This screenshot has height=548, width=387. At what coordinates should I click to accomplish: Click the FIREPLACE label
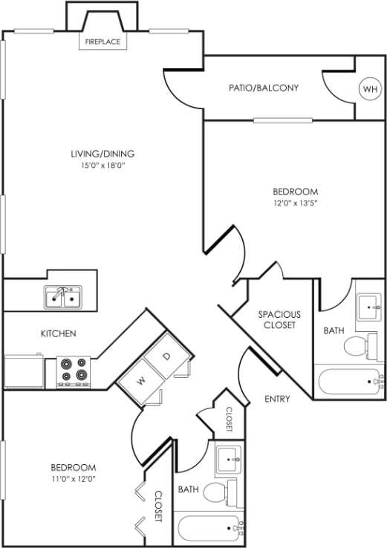click(x=102, y=42)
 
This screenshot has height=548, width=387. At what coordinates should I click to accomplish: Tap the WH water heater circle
click(x=369, y=89)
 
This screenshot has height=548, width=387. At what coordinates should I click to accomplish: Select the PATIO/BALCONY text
click(x=264, y=88)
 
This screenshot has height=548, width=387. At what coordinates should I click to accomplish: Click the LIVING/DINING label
click(x=103, y=154)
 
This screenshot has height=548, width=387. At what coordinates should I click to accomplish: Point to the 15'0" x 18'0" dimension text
click(x=103, y=166)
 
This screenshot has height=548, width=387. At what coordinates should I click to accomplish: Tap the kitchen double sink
click(x=62, y=298)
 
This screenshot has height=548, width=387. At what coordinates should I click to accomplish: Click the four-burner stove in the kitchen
click(x=74, y=371)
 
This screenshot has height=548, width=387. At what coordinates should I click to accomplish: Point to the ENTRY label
click(x=277, y=399)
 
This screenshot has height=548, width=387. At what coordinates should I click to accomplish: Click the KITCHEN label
click(x=58, y=333)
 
